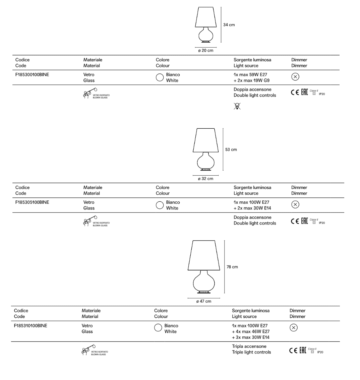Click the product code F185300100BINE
[x=32, y=75]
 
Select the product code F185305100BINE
[x=32, y=202]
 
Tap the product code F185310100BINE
[x=31, y=326]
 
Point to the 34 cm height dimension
[x=229, y=25]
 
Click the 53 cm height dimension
[x=231, y=149]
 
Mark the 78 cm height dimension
[x=232, y=267]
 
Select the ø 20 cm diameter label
[x=205, y=51]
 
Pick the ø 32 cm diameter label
[x=205, y=179]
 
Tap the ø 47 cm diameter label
[x=204, y=301]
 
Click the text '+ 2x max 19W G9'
[x=251, y=80]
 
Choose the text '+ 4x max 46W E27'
[x=251, y=331]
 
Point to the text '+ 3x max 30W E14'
[x=251, y=337]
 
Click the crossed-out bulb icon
[x=237, y=106]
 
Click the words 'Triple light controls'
[x=251, y=352]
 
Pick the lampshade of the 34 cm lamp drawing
[x=206, y=16]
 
